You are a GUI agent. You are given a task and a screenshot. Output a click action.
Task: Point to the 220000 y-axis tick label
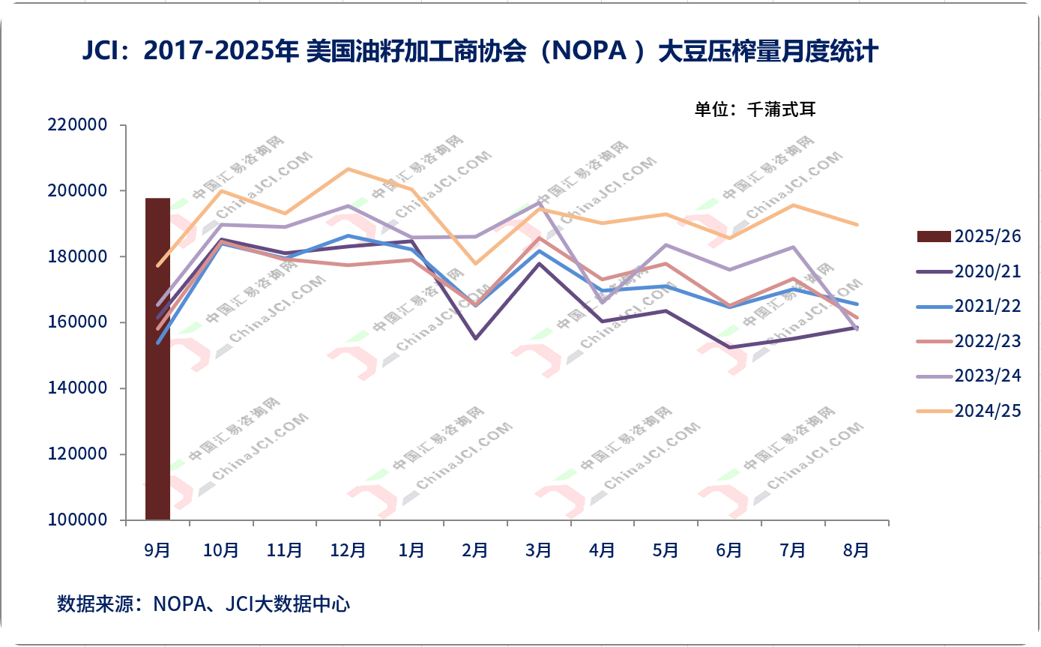pyautogui.click(x=77, y=125)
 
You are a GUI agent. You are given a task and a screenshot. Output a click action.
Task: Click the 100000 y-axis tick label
pyautogui.click(x=77, y=520)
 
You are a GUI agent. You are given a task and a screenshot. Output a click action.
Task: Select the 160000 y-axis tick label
pyautogui.click(x=77, y=322)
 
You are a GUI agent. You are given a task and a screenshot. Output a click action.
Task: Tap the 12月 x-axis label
pyautogui.click(x=348, y=551)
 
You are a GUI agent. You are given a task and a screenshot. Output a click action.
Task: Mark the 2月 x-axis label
pyautogui.click(x=475, y=551)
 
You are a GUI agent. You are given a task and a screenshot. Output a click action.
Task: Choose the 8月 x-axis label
pyautogui.click(x=856, y=551)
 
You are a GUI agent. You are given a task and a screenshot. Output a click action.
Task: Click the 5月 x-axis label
pyautogui.click(x=666, y=551)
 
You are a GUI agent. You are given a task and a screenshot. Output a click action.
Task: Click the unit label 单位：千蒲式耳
pyautogui.click(x=754, y=109)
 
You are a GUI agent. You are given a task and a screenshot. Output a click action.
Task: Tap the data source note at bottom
pyautogui.click(x=204, y=604)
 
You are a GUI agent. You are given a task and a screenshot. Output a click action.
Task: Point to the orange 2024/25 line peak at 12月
pyautogui.click(x=348, y=169)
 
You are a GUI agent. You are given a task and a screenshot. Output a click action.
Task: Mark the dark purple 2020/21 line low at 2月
pyautogui.click(x=475, y=338)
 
